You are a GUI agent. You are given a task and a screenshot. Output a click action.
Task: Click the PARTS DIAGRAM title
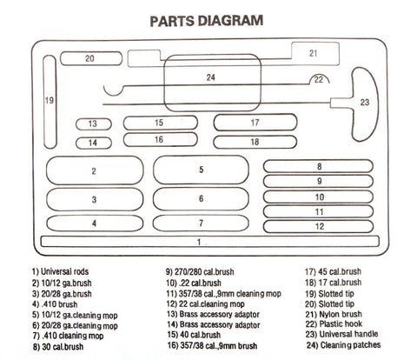207,21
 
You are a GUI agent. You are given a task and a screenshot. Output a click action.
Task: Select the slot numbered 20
91,58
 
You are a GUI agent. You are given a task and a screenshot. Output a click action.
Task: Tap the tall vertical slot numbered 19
50,102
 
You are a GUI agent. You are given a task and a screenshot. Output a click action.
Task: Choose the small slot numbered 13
94,124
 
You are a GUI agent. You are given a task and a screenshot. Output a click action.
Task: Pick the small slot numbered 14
94,143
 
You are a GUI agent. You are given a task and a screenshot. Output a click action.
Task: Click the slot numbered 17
255,123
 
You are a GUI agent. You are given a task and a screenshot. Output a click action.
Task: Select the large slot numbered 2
95,170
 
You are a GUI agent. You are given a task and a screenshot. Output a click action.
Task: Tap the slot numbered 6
201,199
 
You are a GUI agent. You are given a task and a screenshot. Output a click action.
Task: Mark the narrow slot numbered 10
318,197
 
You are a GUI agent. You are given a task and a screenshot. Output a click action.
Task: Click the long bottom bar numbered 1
210,242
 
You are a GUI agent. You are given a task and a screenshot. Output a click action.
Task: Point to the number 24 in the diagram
211,77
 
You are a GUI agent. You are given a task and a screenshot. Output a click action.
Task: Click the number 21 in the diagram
313,53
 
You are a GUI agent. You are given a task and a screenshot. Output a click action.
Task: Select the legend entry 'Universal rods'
60,271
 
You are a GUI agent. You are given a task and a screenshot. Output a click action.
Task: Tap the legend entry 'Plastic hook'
334,323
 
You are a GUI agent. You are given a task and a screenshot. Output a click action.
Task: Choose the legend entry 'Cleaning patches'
344,345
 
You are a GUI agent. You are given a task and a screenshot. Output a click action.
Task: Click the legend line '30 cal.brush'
58,347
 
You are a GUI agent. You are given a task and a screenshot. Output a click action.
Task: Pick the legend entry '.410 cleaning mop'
68,336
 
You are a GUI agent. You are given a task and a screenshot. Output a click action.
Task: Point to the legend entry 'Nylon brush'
334,314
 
